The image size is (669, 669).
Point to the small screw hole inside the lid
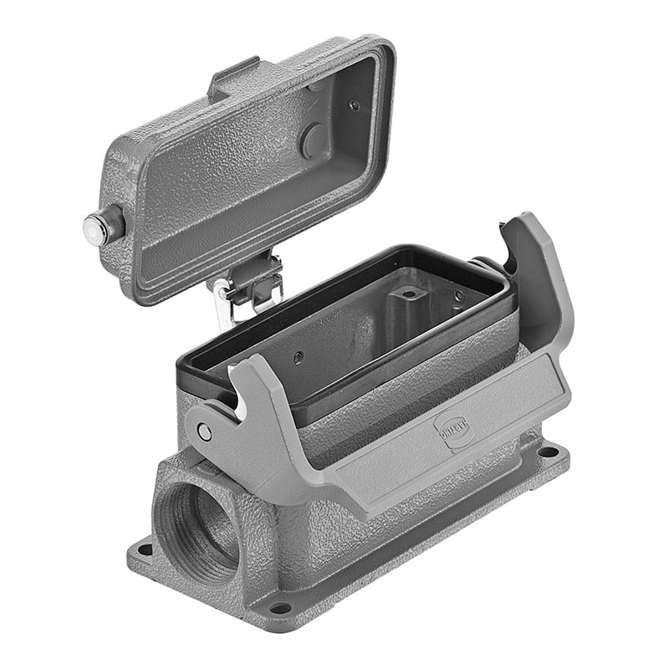[x=354, y=105]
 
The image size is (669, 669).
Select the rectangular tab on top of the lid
[x=233, y=76]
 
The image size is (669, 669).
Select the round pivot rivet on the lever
[x=204, y=432]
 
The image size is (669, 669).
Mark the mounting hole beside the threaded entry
[x=145, y=549]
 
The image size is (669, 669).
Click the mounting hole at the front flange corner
[x=280, y=607]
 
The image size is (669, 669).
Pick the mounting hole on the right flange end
[x=548, y=452]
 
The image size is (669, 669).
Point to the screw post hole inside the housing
[x=407, y=294]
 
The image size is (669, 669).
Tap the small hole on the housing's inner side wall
[x=298, y=356]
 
